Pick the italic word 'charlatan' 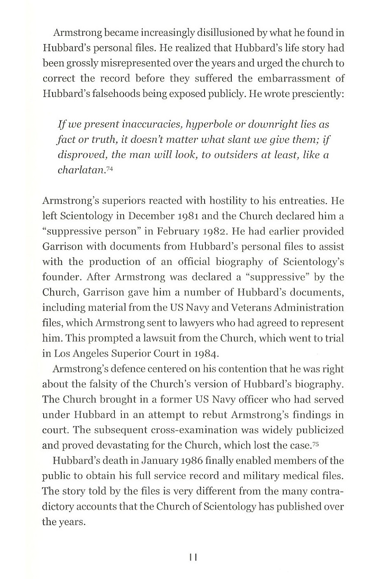[x=80, y=170]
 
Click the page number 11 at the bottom [x=193, y=557]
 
